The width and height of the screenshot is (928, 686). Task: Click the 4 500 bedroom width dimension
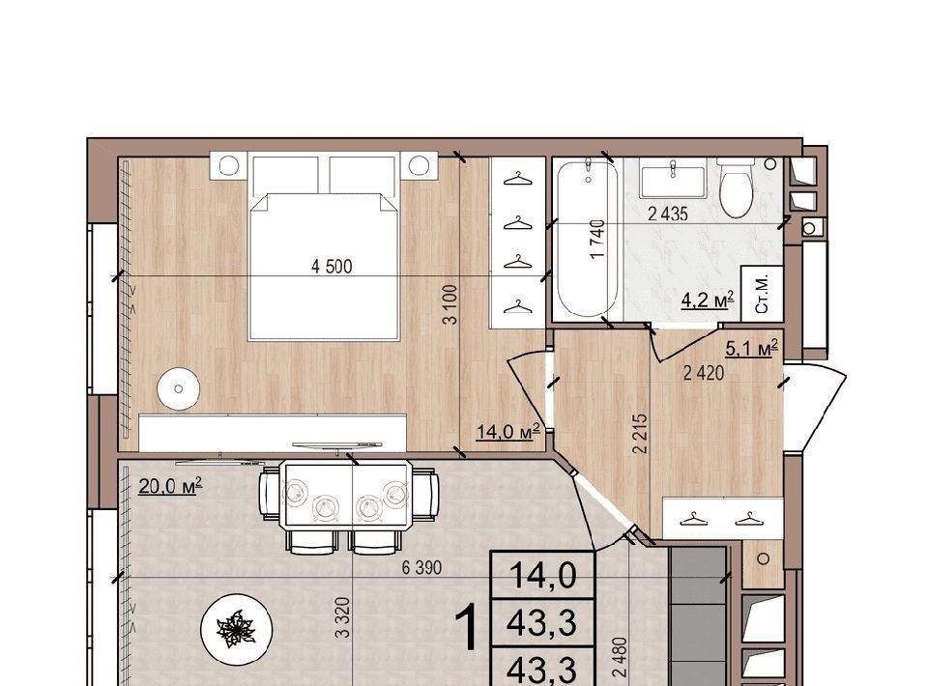[x=332, y=267]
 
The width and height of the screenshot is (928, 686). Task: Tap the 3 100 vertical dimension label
[x=451, y=304]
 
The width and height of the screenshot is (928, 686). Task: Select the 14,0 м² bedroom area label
[x=508, y=431]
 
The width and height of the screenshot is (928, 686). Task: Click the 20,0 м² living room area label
[x=170, y=486]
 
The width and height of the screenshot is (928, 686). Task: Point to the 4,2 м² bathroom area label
[x=708, y=300]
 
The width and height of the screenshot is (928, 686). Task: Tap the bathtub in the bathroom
[x=587, y=237]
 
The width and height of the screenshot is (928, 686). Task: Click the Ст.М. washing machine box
[x=763, y=294]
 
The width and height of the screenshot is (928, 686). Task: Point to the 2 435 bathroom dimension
[x=668, y=214]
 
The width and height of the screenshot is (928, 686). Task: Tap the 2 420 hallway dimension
[x=704, y=373]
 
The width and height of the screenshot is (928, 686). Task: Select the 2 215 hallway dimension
[x=640, y=434]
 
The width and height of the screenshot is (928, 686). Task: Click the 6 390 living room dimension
[x=421, y=568]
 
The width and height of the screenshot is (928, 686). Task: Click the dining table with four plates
[x=346, y=493]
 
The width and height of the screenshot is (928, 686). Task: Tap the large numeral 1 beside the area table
[x=468, y=629]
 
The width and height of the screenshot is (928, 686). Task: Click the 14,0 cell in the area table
[x=542, y=576]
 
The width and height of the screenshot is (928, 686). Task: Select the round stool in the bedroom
[x=178, y=389]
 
